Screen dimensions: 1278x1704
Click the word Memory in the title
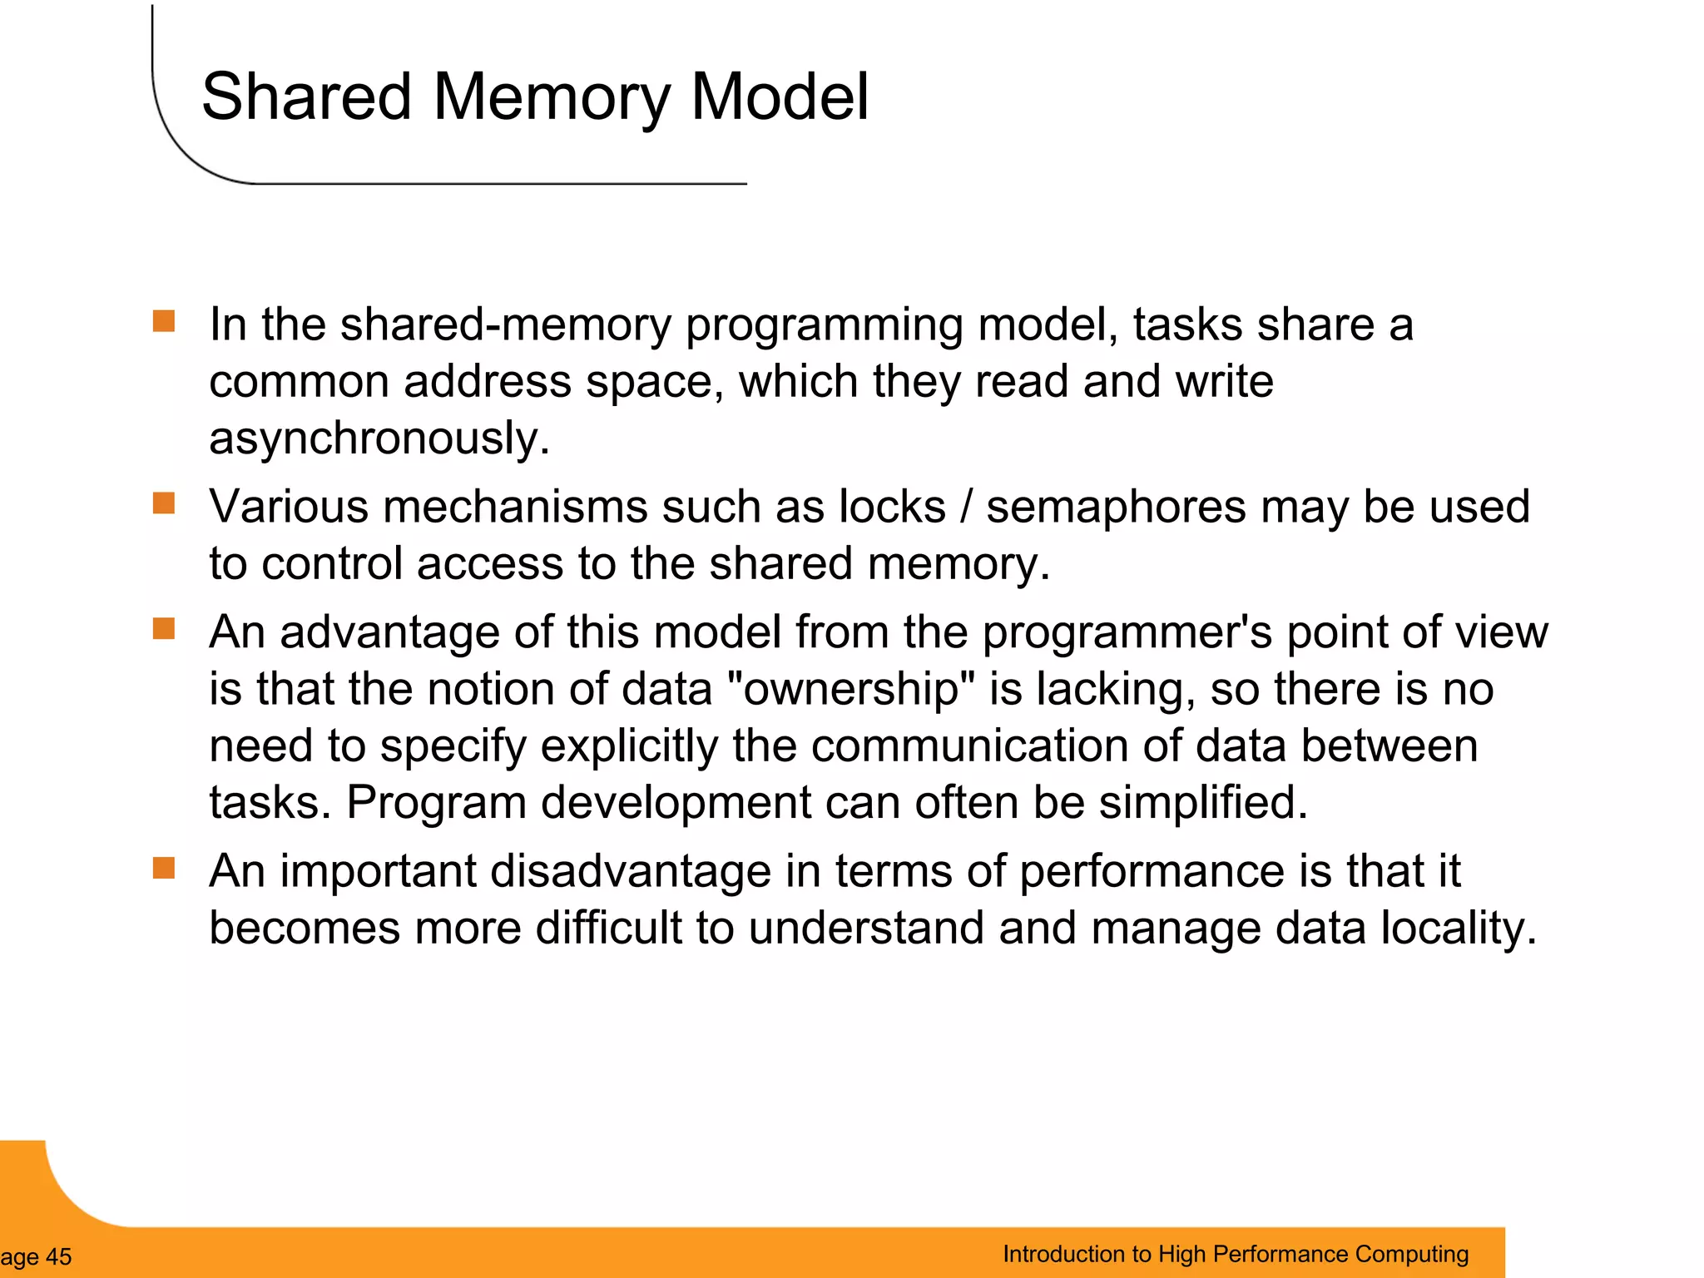point(551,97)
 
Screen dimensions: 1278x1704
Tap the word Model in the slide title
point(780,97)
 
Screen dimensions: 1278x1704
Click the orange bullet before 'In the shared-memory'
point(164,321)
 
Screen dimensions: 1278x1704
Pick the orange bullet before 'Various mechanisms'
point(164,503)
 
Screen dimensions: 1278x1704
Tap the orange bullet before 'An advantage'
point(164,628)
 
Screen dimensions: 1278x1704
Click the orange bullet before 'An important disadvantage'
point(164,868)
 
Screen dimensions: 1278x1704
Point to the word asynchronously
point(379,438)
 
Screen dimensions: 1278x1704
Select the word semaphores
point(1115,507)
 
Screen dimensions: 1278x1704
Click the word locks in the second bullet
point(891,507)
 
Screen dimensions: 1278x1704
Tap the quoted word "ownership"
point(850,689)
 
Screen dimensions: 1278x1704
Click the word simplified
point(1202,802)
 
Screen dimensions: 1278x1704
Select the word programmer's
point(1127,632)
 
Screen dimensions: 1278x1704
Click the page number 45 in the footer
point(57,1256)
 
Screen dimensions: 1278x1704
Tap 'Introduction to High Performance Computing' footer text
point(1235,1254)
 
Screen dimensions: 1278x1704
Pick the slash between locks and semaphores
point(965,507)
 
